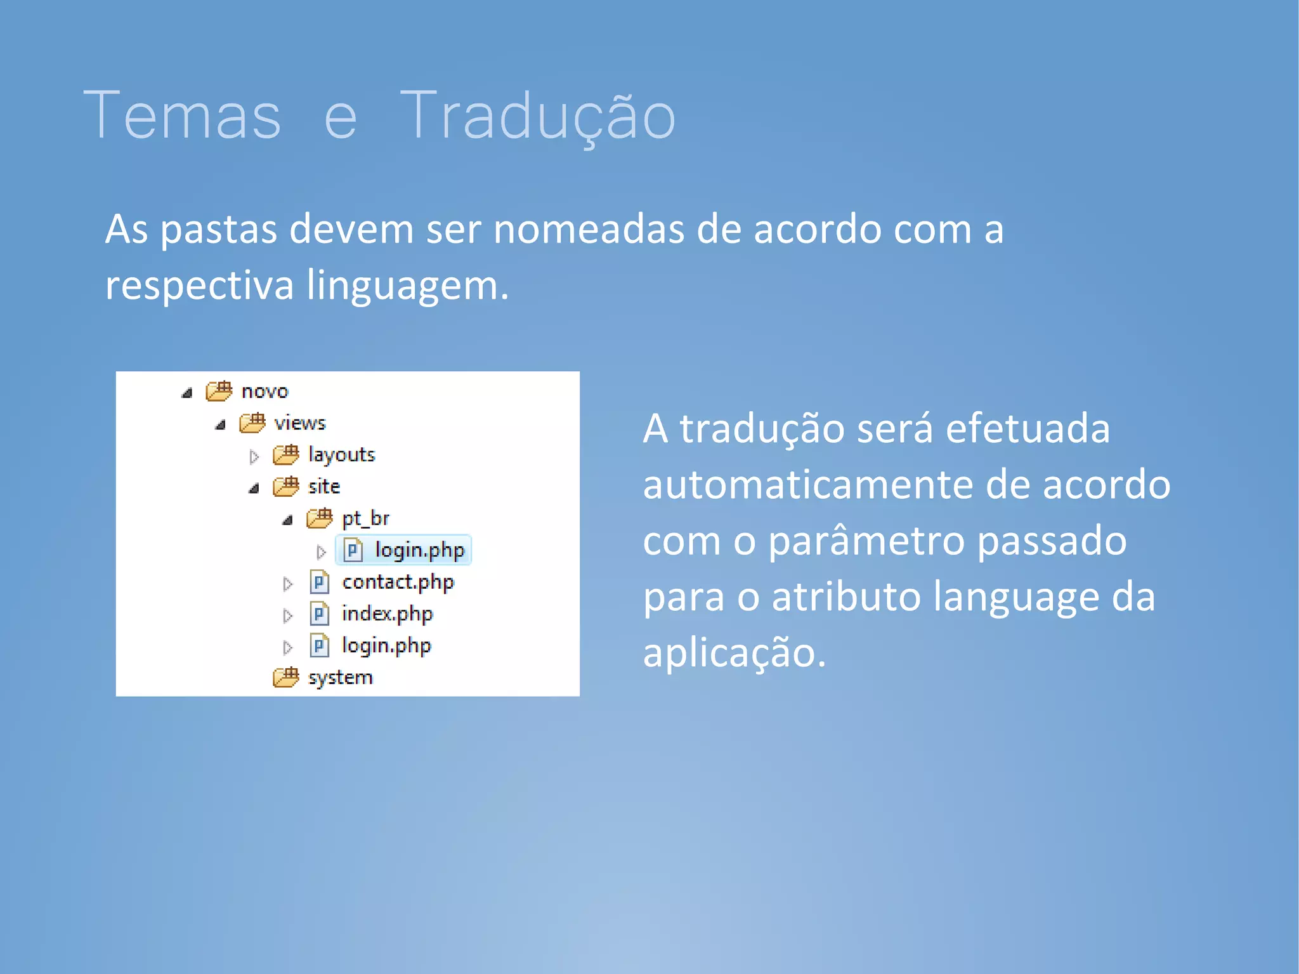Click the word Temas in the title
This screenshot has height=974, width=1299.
point(182,116)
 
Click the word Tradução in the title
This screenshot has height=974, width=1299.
point(537,116)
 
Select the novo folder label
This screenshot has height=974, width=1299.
point(264,392)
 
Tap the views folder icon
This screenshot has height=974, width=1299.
point(252,423)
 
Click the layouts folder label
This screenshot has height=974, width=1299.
point(341,455)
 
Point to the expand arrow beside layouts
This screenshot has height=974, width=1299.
point(254,456)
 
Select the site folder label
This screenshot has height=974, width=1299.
point(323,487)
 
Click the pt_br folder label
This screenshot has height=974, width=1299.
point(365,518)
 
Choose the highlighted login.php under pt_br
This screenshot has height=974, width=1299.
point(419,550)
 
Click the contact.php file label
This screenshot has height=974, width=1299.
point(398,582)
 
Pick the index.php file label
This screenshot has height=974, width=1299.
point(387,614)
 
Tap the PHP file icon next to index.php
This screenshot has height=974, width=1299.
point(320,614)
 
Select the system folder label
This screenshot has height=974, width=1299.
point(340,678)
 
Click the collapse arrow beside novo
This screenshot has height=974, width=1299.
point(186,393)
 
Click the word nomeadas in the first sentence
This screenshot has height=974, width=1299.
point(589,229)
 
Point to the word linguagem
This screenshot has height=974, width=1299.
point(407,286)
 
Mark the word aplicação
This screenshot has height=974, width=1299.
point(734,653)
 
